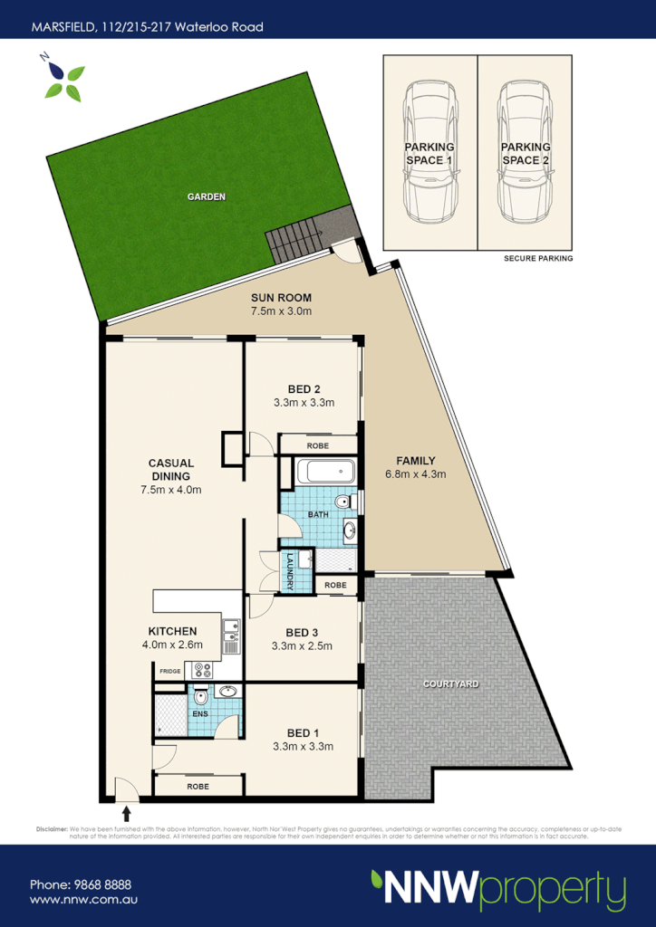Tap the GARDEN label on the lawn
(206, 196)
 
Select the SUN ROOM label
(281, 298)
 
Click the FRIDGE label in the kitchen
(170, 671)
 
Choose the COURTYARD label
(450, 683)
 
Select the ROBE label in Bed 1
(198, 787)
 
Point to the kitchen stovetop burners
(198, 671)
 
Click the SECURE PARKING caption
(538, 259)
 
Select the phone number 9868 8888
(81, 884)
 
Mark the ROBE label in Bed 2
(317, 446)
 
